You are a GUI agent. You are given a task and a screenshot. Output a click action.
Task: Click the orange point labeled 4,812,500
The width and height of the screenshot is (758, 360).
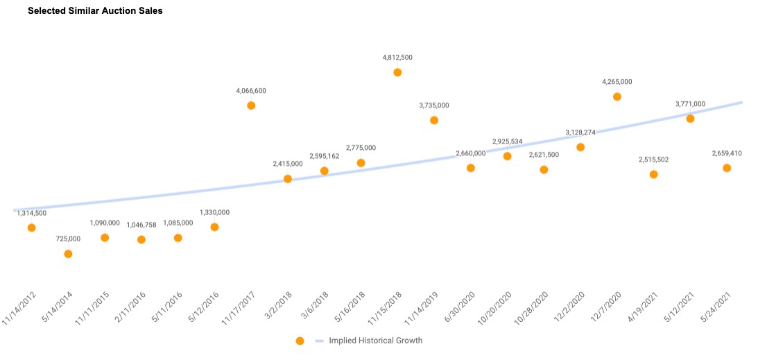click(397, 72)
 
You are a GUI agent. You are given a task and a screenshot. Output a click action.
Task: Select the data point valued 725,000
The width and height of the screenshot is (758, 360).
click(68, 254)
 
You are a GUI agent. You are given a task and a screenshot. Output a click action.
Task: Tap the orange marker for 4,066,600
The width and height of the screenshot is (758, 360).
click(251, 105)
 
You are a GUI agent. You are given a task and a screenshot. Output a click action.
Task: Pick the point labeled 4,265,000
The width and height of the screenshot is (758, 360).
click(617, 96)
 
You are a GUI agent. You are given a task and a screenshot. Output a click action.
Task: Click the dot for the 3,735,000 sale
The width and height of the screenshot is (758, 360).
click(434, 120)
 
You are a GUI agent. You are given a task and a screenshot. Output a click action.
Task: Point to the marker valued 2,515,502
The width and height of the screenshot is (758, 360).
click(653, 174)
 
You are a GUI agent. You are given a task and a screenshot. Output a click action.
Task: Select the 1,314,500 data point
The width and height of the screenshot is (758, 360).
click(31, 228)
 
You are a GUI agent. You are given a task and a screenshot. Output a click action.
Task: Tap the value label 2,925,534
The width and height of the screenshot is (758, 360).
click(507, 142)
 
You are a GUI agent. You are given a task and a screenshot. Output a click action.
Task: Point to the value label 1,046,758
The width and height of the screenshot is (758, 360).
click(141, 225)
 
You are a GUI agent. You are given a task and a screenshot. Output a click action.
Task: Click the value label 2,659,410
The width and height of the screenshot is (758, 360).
click(727, 153)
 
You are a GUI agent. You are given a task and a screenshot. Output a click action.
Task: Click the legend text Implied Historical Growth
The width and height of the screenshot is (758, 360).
click(375, 341)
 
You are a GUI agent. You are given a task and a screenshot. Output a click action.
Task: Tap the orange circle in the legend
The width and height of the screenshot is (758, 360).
click(300, 341)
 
